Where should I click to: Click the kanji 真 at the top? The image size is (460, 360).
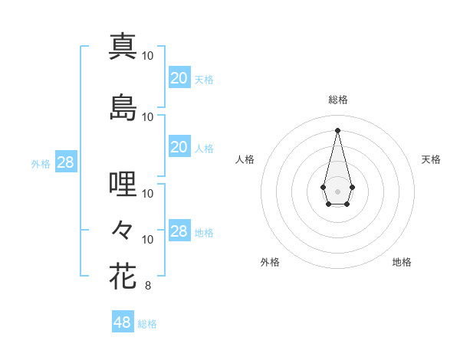[123, 45]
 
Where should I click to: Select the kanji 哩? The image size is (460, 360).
[123, 184]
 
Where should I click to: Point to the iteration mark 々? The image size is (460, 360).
[123, 229]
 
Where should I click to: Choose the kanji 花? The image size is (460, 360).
[123, 277]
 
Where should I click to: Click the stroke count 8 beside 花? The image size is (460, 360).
[147, 286]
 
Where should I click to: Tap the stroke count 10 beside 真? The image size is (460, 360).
[148, 55]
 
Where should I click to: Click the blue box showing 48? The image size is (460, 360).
[123, 322]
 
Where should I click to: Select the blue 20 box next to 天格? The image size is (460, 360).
[179, 77]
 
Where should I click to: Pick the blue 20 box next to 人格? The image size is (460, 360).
[179, 147]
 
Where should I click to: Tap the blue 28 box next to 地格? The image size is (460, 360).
[179, 231]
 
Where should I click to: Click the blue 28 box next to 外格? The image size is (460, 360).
[65, 162]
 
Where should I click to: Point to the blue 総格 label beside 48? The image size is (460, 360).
[147, 324]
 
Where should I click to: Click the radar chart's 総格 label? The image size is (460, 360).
[337, 100]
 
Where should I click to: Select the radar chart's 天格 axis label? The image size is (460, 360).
[432, 159]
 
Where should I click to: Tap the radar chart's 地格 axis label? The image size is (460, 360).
[402, 262]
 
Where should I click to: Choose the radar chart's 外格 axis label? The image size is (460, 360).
[270, 262]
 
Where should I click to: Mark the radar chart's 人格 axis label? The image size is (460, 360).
[245, 159]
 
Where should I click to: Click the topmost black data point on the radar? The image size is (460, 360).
[337, 129]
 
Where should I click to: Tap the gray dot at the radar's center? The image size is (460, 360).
[337, 190]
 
